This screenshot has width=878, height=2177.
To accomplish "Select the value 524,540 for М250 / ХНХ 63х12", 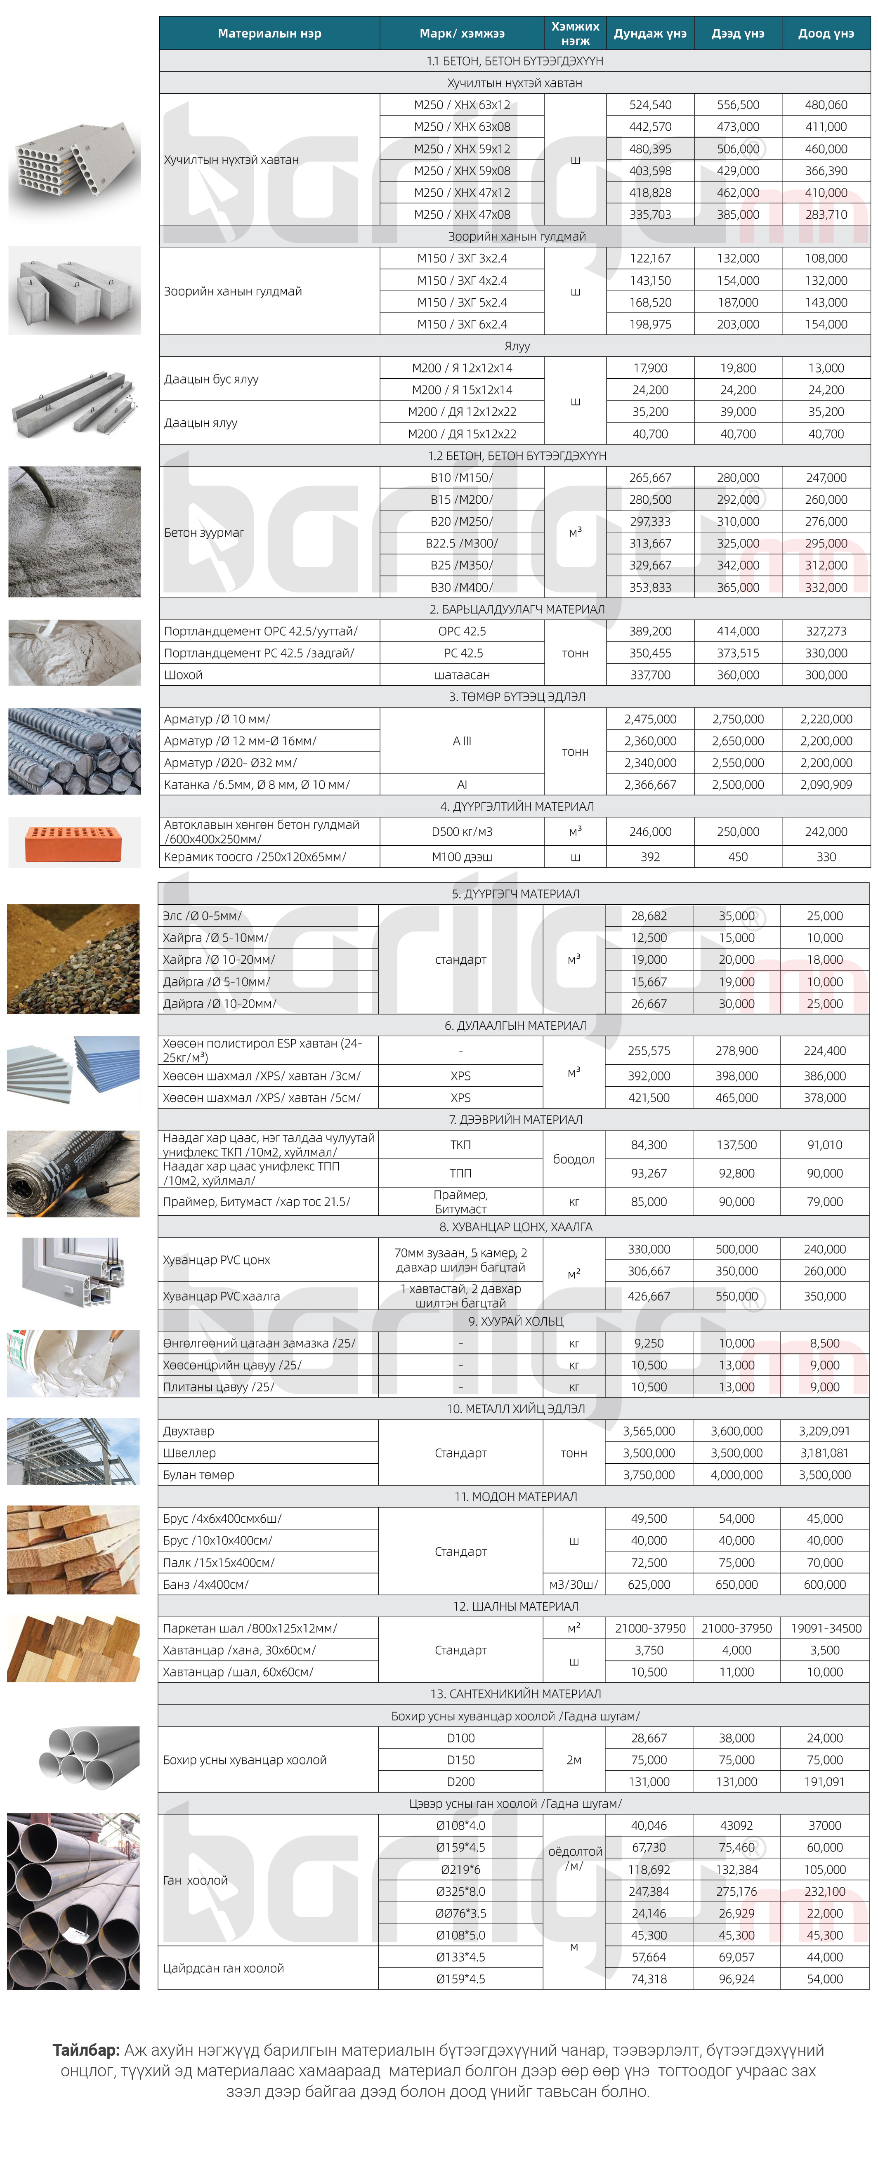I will tap(650, 105).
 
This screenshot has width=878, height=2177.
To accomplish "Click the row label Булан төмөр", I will tap(198, 1475).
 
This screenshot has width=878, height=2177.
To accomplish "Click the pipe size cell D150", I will tap(460, 1760).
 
